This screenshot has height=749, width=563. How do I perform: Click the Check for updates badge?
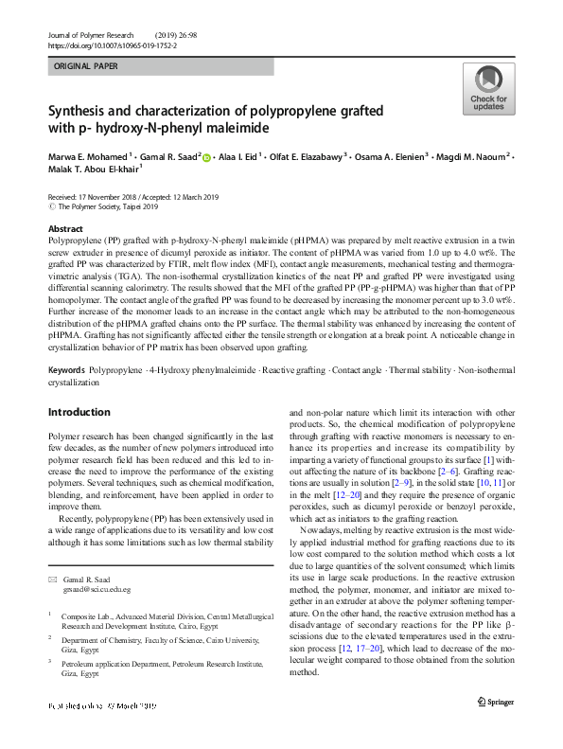489,88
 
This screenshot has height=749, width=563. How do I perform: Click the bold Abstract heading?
65,230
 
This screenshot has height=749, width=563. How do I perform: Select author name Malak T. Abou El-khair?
94,169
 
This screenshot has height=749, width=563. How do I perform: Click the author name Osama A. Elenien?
393,154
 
